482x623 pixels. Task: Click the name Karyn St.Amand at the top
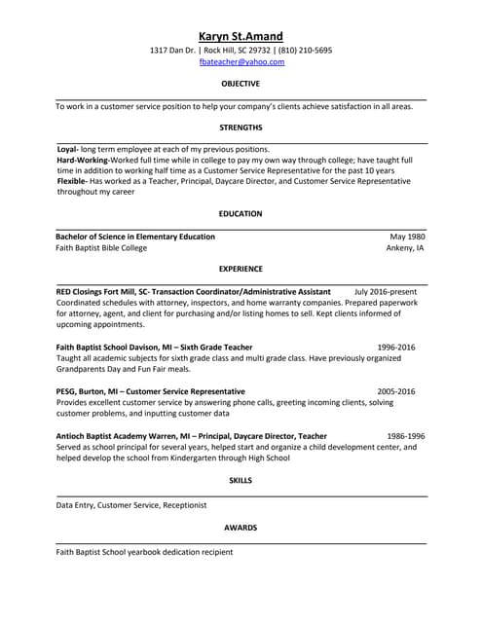click(x=241, y=36)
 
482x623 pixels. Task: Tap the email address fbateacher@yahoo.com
click(x=241, y=61)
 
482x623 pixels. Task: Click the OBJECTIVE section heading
click(x=241, y=84)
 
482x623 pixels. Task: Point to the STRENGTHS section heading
click(x=241, y=128)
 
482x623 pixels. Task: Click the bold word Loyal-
click(x=67, y=149)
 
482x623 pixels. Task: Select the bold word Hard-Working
click(x=82, y=160)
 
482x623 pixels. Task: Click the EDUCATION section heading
click(x=241, y=213)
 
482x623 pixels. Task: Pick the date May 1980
click(x=407, y=237)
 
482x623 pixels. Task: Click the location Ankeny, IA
click(x=405, y=248)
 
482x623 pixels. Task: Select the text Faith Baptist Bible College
click(x=101, y=248)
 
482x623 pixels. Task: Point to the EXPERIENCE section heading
click(x=241, y=269)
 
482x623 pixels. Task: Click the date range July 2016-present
click(x=386, y=291)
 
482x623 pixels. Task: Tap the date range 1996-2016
click(x=396, y=347)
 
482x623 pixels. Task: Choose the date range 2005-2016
click(x=396, y=390)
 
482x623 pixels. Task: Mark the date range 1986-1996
click(x=405, y=436)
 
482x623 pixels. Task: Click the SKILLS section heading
click(x=241, y=481)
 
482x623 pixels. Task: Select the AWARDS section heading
click(x=241, y=528)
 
